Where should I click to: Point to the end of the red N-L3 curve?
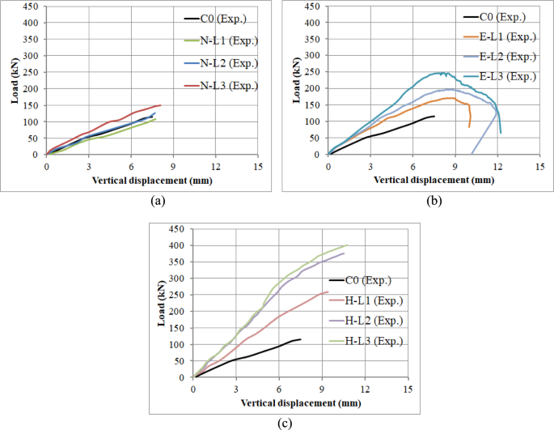pyautogui.click(x=161, y=105)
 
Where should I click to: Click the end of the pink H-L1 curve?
pyautogui.click(x=328, y=292)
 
